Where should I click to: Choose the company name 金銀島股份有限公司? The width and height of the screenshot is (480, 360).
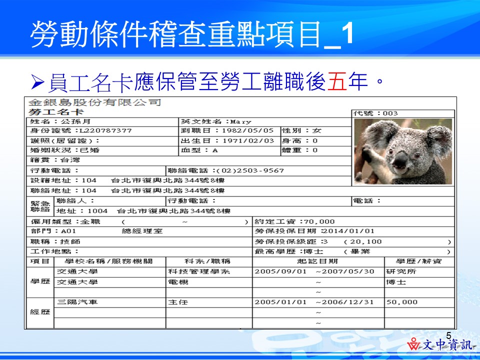95,103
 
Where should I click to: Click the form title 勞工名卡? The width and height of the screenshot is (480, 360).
48,112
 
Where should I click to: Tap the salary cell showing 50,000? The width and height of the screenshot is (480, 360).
401,302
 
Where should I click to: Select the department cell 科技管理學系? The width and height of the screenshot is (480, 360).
198,271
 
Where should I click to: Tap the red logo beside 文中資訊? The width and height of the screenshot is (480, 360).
414,345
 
